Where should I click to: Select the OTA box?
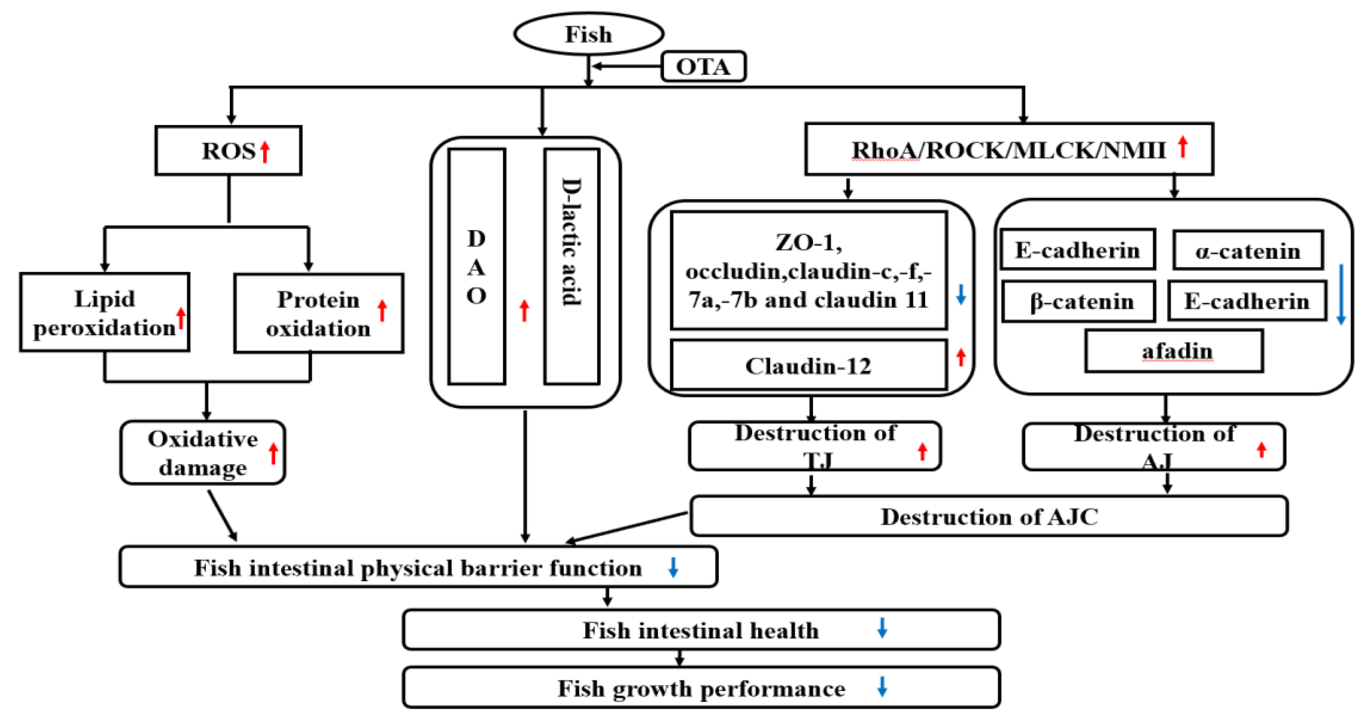click(703, 67)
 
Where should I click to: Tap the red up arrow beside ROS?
click(265, 151)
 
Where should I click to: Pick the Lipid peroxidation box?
click(105, 312)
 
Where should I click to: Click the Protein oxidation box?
click(318, 314)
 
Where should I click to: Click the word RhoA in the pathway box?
click(884, 151)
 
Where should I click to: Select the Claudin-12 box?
click(808, 366)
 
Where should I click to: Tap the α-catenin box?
click(1247, 250)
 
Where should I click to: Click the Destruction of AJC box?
click(989, 517)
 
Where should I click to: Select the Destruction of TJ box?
click(814, 446)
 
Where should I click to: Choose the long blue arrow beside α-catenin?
click(1341, 294)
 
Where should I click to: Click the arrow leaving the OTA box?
click(625, 67)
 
